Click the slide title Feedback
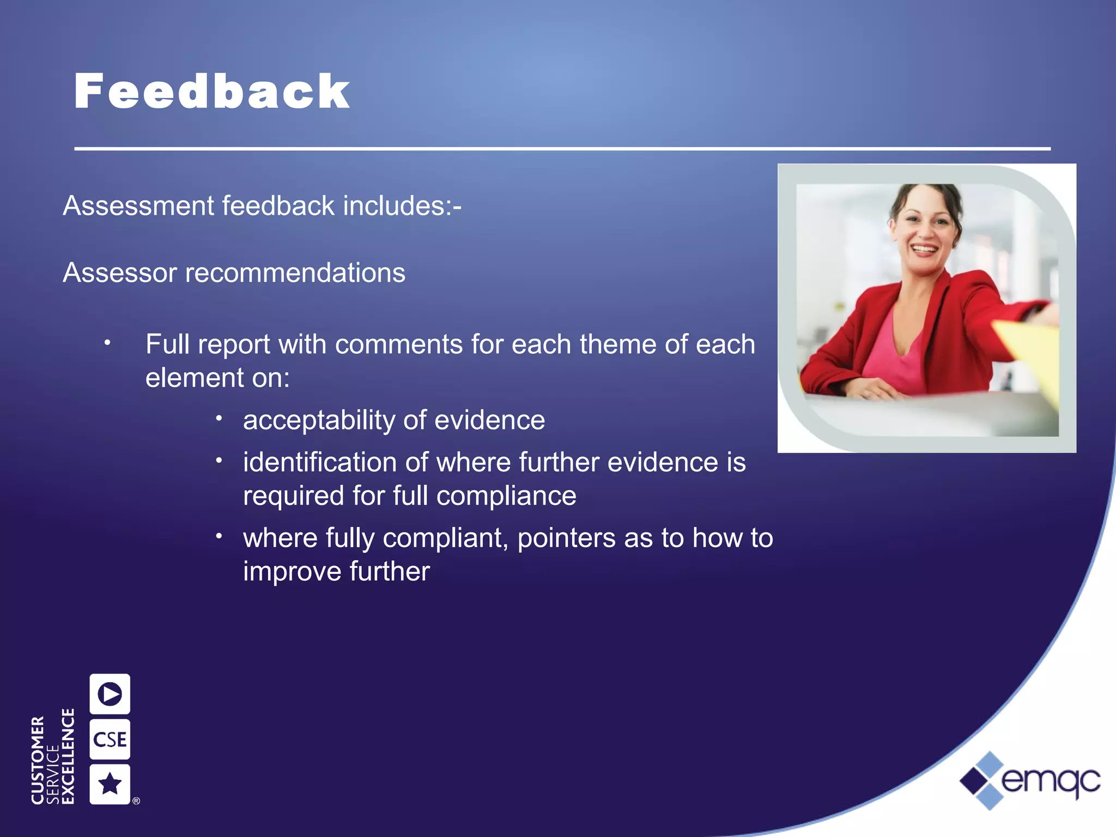click(211, 92)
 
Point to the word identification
click(319, 462)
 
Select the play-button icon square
click(110, 694)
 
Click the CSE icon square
click(110, 739)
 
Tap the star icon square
click(110, 784)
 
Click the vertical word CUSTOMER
click(37, 760)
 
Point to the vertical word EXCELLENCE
click(68, 756)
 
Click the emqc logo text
click(1051, 781)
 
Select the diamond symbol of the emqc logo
click(982, 781)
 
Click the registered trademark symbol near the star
click(136, 800)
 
